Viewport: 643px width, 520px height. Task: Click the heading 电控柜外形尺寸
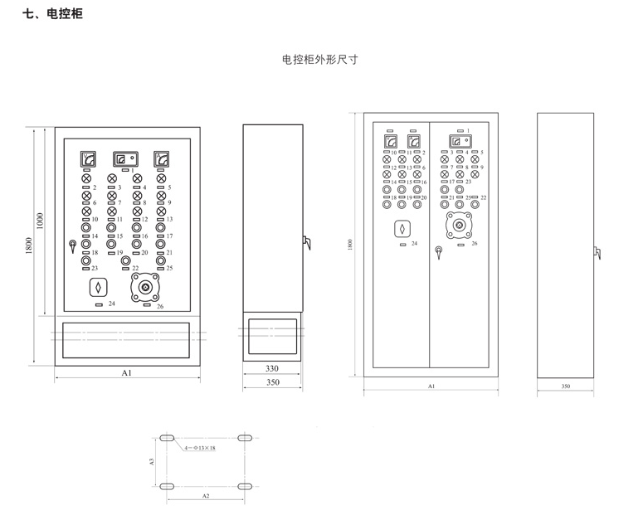319,60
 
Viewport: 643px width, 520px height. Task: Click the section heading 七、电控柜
52,14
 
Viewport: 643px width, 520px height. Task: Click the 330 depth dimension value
272,368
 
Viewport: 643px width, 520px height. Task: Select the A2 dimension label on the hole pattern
206,494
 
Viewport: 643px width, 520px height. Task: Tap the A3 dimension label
153,461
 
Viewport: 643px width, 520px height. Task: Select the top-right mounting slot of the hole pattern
246,437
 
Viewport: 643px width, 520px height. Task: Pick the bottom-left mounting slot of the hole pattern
167,485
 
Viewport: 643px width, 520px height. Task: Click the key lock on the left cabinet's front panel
73,245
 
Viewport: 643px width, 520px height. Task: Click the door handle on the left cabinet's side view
306,242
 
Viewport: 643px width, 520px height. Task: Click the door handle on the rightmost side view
597,252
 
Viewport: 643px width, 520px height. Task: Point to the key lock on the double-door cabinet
437,250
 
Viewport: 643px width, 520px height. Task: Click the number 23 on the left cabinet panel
95,268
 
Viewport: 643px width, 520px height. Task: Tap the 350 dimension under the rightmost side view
566,386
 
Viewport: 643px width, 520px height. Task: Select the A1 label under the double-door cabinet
431,386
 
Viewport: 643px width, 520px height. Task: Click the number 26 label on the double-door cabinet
474,244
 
